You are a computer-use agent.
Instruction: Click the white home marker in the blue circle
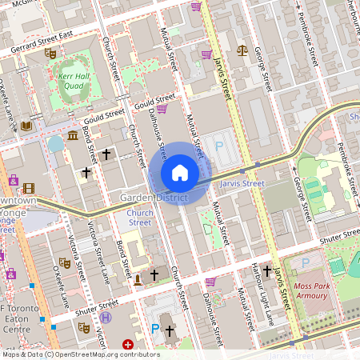180,173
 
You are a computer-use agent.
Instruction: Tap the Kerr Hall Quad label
72,82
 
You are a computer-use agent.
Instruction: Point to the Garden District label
154,197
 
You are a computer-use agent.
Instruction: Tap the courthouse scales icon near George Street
242,50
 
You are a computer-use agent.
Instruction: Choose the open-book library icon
26,126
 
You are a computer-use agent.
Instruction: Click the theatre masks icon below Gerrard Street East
50,54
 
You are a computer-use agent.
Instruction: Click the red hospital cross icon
126,344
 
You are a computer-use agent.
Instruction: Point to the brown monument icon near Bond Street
138,278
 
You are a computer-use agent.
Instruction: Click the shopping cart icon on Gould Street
162,109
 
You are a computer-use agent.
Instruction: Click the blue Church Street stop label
140,218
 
